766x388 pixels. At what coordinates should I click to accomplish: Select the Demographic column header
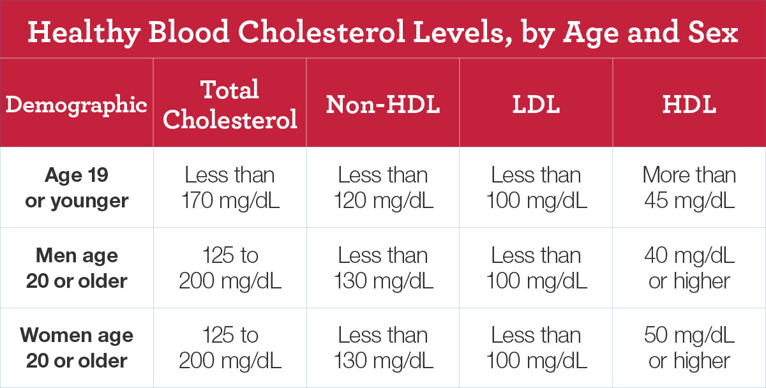(x=77, y=105)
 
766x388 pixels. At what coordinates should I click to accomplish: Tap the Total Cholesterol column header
(x=230, y=105)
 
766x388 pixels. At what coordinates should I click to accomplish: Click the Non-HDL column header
(x=383, y=105)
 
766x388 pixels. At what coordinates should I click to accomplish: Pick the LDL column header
(x=536, y=105)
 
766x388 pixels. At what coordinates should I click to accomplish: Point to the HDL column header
(x=689, y=105)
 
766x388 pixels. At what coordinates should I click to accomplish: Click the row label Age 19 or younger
(x=77, y=188)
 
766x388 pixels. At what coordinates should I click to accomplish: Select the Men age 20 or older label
(x=77, y=268)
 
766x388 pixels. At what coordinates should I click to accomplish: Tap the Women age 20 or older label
(x=77, y=348)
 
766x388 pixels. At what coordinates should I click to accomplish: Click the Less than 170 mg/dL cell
(x=230, y=188)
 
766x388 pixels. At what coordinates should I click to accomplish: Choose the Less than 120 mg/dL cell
(x=383, y=188)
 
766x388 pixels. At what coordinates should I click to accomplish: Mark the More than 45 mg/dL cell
(x=689, y=188)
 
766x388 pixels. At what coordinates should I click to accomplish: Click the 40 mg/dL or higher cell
(x=689, y=268)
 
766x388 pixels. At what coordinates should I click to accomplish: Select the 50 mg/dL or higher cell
(x=689, y=348)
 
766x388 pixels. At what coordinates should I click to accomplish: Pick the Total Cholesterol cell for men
(x=230, y=268)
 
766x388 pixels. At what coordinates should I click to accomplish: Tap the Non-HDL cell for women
(x=383, y=348)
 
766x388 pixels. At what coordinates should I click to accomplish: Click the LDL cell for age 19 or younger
(x=536, y=188)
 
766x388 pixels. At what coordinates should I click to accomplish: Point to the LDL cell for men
(x=536, y=268)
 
